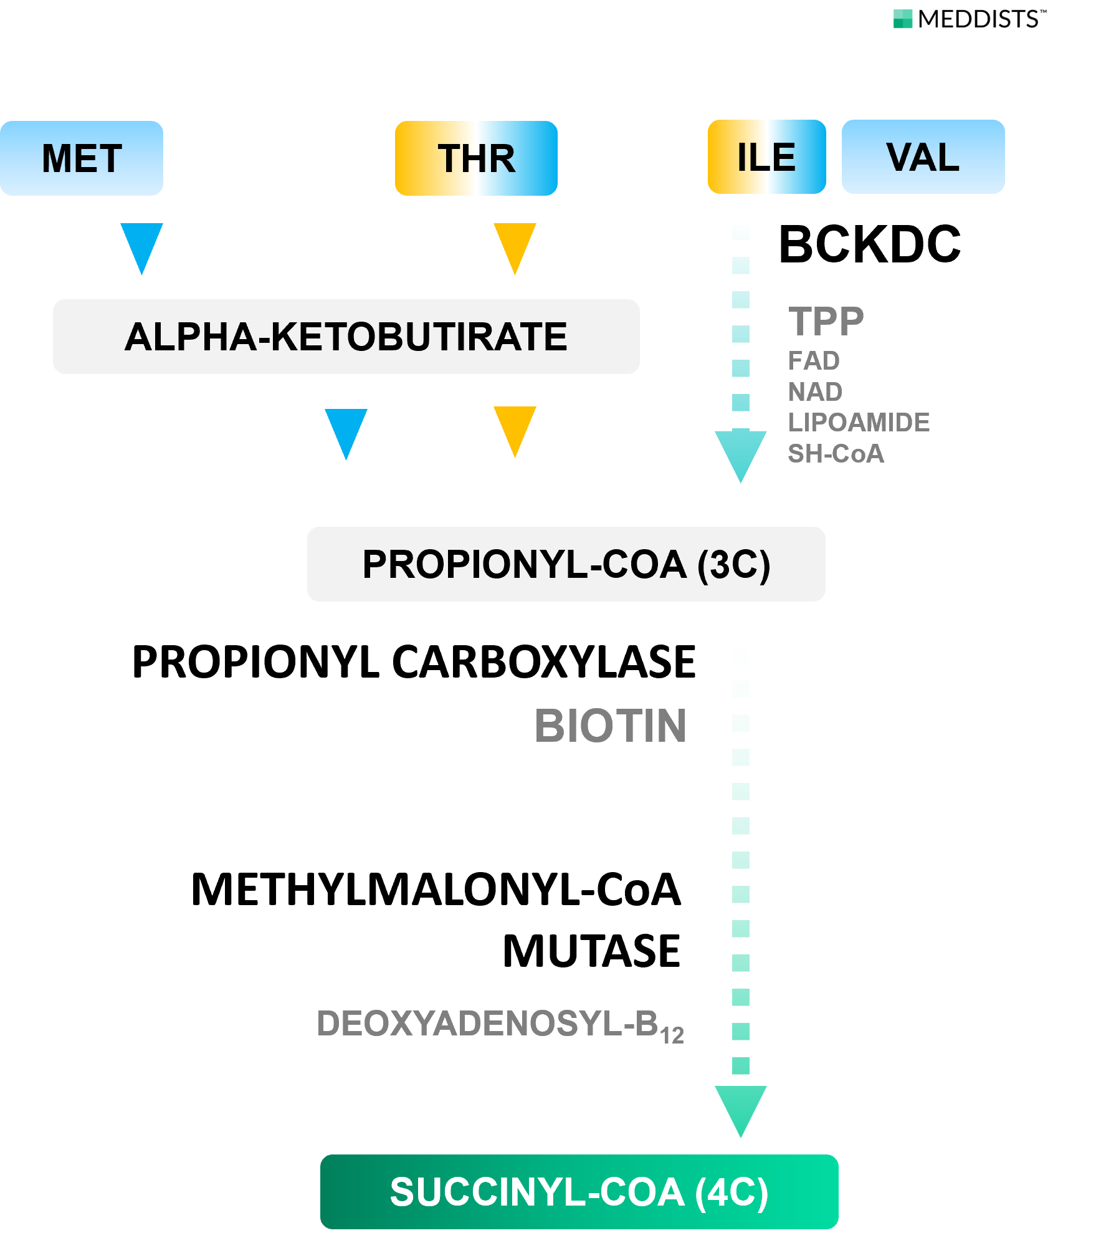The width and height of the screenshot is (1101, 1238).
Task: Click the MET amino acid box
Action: tap(82, 158)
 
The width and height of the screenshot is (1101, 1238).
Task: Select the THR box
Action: tap(476, 158)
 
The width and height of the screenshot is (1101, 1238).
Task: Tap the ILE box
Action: tap(766, 157)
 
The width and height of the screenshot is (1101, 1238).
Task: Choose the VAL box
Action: tap(923, 157)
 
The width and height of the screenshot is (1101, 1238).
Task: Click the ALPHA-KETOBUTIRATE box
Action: tap(346, 337)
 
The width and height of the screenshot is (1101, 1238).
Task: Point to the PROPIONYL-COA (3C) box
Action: tap(566, 564)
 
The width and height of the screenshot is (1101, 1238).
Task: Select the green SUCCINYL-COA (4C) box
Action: tap(579, 1192)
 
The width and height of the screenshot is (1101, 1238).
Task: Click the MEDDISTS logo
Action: tap(968, 19)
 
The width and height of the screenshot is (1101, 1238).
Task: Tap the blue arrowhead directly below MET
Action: tap(141, 244)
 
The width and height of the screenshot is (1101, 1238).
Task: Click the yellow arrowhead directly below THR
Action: tap(515, 244)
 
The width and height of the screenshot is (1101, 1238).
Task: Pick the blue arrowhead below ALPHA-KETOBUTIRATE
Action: tap(346, 430)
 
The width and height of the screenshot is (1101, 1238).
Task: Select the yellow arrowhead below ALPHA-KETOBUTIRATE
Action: tap(515, 428)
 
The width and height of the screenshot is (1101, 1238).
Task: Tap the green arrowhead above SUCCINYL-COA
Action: tap(740, 1107)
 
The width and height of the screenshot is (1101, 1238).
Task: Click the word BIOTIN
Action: tap(610, 726)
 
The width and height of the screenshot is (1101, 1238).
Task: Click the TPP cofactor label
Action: tap(826, 322)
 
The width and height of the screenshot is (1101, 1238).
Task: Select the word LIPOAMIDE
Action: tap(858, 423)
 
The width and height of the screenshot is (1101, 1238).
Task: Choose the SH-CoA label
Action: tap(836, 454)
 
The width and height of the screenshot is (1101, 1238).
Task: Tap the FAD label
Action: tap(813, 361)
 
